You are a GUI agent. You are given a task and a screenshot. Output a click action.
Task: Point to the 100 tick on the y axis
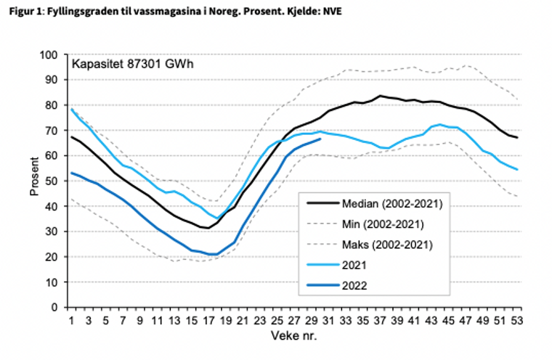pyautogui.click(x=52, y=55)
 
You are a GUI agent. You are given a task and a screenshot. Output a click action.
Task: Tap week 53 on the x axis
pyautogui.click(x=516, y=320)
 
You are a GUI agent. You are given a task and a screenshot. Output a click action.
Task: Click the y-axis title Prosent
pyautogui.click(x=34, y=181)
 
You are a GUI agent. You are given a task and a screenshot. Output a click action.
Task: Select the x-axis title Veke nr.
pyautogui.click(x=293, y=336)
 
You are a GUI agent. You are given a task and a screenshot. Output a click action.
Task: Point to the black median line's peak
pyautogui.click(x=380, y=96)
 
